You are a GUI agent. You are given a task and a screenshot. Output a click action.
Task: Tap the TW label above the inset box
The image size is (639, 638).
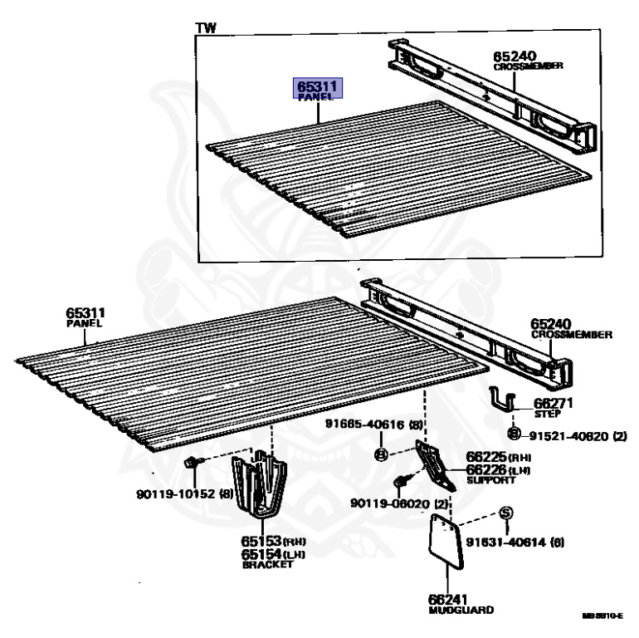click(x=205, y=27)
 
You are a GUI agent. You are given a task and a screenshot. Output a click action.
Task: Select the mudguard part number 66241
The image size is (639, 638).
click(x=449, y=599)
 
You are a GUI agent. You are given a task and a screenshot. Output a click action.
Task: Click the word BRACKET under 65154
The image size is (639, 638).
click(x=267, y=565)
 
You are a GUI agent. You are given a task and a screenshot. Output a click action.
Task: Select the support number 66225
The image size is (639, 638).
click(x=486, y=456)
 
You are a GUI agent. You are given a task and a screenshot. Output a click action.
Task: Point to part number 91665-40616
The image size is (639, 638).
click(x=368, y=425)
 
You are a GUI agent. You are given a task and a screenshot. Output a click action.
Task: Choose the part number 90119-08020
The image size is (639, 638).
click(x=388, y=503)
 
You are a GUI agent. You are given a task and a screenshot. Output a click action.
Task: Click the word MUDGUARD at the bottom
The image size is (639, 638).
click(x=461, y=611)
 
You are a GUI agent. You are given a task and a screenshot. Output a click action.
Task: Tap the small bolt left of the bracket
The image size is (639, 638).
click(x=190, y=462)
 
